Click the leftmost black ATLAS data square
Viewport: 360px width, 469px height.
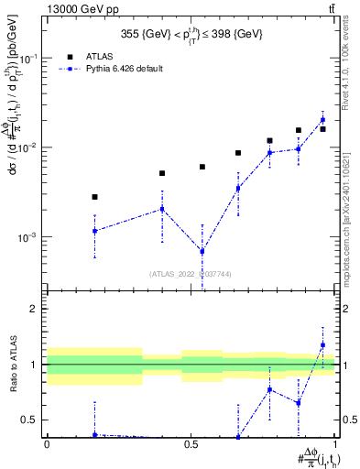pos(94,197)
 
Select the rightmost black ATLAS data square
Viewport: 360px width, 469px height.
pos(322,129)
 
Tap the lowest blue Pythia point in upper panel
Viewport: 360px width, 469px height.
pos(202,251)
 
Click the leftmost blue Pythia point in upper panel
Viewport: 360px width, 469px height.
pos(94,231)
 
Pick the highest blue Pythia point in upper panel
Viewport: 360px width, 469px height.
pos(322,119)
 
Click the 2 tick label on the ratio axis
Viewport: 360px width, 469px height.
pos(37,309)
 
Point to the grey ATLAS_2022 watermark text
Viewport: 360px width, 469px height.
pos(191,273)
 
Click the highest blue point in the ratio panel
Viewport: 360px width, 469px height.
pos(322,344)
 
